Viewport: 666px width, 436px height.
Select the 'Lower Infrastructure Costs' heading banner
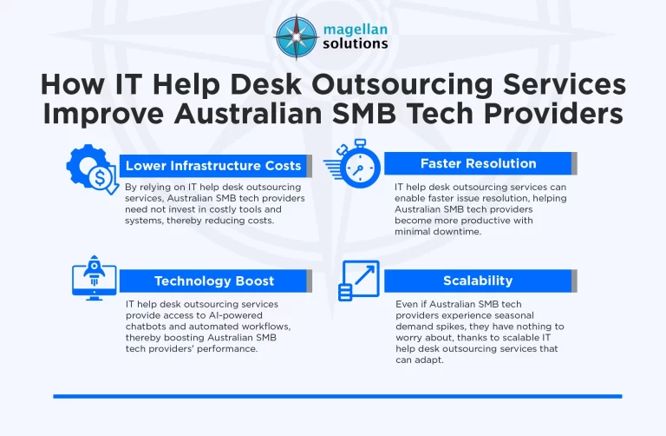tap(213, 165)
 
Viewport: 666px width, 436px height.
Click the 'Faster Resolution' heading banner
tap(478, 163)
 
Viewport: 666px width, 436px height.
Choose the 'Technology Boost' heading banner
tap(213, 281)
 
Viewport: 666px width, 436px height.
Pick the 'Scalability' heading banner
tap(478, 281)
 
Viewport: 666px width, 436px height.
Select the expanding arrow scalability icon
tap(356, 280)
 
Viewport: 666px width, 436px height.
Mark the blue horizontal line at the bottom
tap(337, 396)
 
